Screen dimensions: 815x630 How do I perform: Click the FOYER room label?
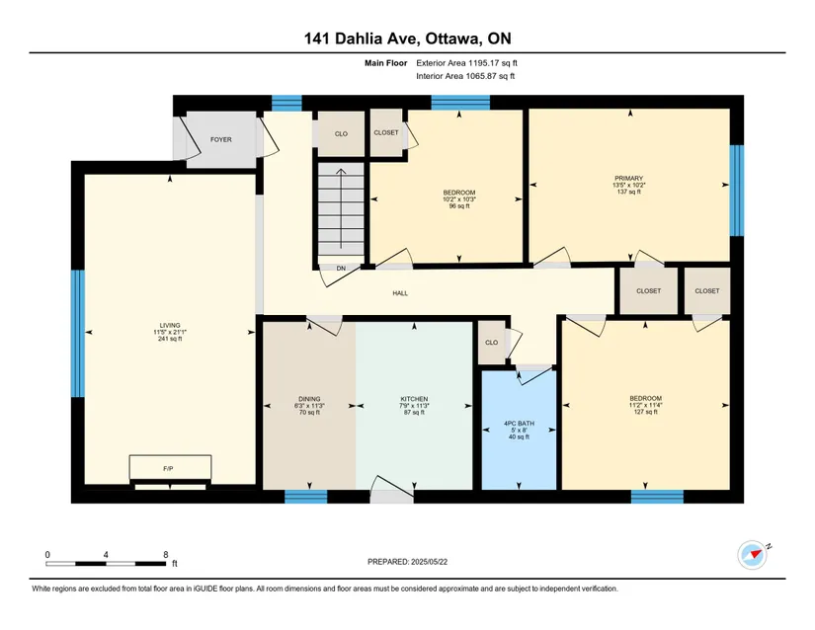[221, 139]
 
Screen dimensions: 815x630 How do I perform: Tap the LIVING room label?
[170, 325]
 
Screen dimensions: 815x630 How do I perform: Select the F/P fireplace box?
[171, 467]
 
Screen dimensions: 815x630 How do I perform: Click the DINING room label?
[309, 399]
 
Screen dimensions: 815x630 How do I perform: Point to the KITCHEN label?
[414, 399]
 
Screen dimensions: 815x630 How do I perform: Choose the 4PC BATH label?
[519, 424]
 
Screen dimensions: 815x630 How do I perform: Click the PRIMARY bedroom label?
[629, 178]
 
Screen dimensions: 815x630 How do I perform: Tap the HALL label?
[400, 293]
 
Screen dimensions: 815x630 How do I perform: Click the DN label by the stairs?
[341, 269]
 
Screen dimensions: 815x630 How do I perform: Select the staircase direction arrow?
[341, 208]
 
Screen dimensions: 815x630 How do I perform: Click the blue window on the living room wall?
[77, 334]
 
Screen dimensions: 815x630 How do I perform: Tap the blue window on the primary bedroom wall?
[737, 191]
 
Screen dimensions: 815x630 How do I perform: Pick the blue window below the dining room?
[306, 497]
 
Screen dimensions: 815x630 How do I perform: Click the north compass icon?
[752, 555]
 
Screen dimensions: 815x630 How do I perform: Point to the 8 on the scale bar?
[166, 555]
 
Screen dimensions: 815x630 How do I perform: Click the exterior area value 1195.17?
[484, 63]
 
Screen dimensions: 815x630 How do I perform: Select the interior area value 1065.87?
[481, 76]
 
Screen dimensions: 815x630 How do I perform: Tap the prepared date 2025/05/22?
[429, 562]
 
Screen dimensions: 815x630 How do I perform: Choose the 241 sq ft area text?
[170, 339]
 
